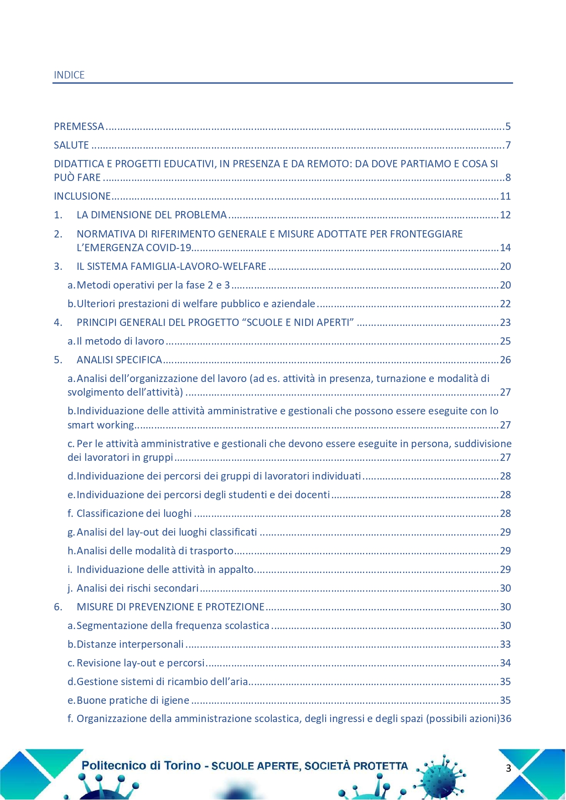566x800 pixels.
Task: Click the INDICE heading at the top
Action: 69,75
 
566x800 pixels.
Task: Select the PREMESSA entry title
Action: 79,127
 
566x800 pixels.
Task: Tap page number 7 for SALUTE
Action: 508,145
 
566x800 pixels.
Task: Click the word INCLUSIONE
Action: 82,196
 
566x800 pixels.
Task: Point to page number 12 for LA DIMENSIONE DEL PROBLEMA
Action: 505,215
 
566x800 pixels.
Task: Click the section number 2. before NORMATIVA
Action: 58,234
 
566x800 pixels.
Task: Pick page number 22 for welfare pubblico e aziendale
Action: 505,304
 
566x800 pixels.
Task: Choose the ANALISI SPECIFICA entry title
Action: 119,360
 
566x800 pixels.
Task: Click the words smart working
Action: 101,425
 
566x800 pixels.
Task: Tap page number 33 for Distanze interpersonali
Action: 505,645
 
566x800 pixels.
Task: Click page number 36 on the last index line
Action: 506,719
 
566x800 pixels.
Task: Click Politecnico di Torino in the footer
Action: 141,765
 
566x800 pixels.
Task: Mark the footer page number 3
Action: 509,768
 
